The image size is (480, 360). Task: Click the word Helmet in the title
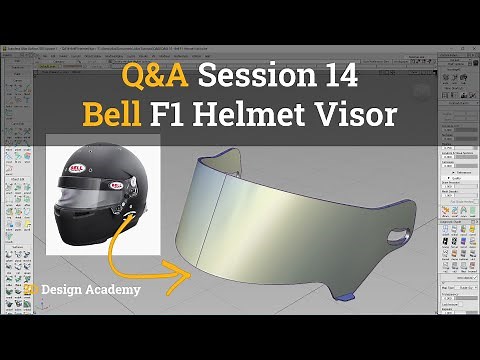(263, 114)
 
